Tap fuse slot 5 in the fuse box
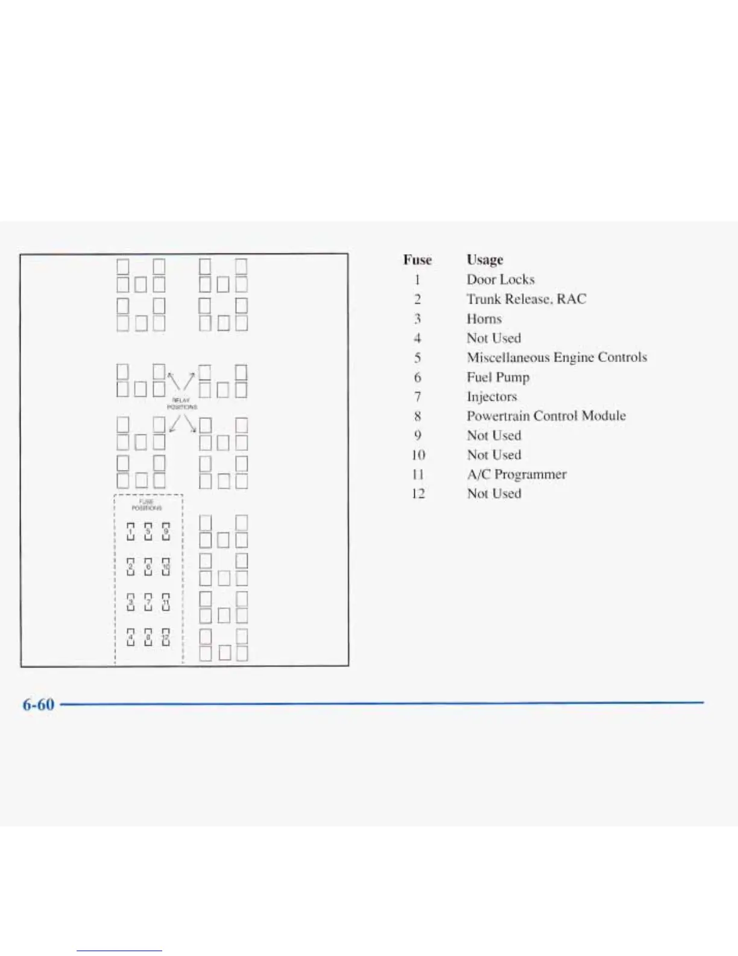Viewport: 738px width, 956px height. coord(148,532)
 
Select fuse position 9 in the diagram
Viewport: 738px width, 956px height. coord(166,532)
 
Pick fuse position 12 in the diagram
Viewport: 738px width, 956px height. coord(166,637)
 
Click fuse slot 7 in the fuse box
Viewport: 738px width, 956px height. coord(148,602)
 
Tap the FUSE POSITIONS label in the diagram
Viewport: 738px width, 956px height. coord(147,505)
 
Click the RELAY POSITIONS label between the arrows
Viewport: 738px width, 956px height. coord(181,404)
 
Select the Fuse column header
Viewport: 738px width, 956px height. coord(417,260)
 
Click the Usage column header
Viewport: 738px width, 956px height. coord(485,260)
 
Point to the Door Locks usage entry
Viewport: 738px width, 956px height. coord(500,279)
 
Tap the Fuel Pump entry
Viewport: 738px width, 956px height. coord(498,377)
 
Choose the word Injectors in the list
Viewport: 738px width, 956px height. coord(492,397)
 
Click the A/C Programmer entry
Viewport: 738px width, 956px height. coord(517,474)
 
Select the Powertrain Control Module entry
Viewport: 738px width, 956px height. coord(546,416)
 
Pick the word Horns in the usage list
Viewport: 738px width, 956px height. coord(484,319)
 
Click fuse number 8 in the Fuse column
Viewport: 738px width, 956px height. coord(417,416)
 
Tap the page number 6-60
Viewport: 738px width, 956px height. coord(39,704)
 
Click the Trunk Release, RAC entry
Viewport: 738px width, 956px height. coord(526,299)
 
